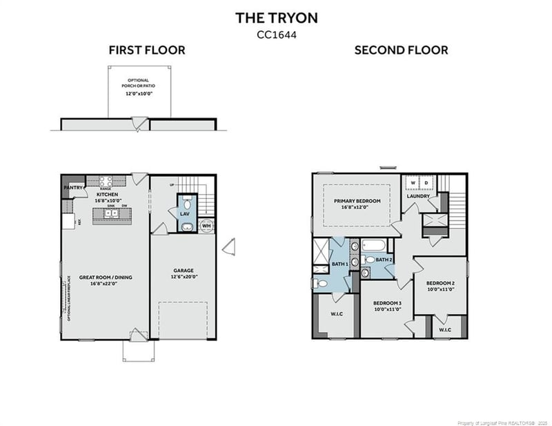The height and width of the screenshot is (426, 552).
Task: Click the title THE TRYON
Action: (276, 17)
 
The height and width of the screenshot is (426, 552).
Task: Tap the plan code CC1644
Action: (276, 32)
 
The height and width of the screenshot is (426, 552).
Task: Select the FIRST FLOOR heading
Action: (146, 50)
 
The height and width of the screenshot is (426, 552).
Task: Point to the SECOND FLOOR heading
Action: (401, 50)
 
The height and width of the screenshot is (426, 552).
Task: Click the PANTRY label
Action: (72, 187)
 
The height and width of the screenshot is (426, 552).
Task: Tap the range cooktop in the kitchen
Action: (106, 182)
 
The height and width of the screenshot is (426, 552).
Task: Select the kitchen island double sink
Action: (112, 213)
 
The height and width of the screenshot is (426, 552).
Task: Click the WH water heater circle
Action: (206, 225)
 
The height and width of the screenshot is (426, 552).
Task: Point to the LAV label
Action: (185, 214)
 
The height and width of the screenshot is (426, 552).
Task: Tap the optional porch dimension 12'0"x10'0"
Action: (138, 93)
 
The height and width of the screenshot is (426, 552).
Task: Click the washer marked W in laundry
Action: (413, 183)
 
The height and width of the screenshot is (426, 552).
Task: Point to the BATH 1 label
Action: (339, 264)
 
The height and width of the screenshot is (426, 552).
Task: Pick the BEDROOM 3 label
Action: (388, 303)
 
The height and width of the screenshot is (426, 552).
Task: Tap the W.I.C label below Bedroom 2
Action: (445, 330)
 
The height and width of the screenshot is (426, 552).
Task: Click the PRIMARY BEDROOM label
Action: (357, 201)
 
